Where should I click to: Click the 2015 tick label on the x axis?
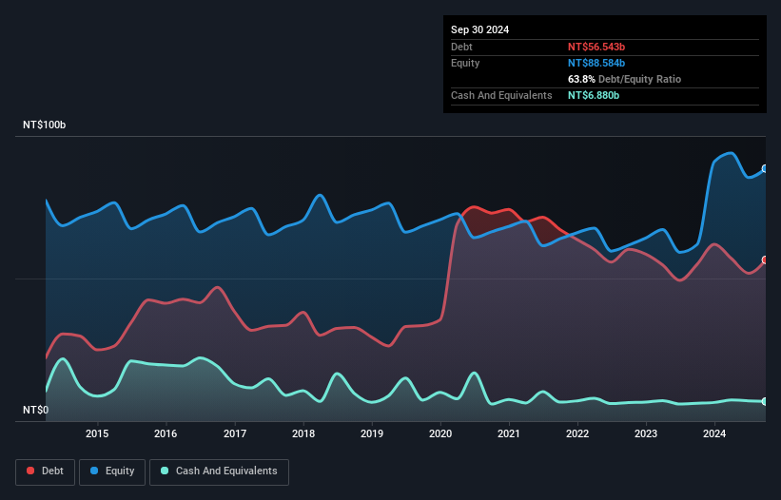(x=97, y=434)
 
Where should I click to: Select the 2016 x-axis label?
(x=166, y=434)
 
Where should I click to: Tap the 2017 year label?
(x=234, y=434)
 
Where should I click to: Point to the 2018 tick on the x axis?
(x=303, y=434)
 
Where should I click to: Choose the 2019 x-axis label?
(x=372, y=434)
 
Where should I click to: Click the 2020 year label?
(x=440, y=434)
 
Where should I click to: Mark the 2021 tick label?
(x=509, y=434)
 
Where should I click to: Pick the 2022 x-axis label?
(x=577, y=434)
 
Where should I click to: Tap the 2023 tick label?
(x=646, y=434)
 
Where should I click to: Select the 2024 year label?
(x=714, y=434)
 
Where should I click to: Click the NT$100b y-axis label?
(x=45, y=125)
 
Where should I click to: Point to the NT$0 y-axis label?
(x=37, y=411)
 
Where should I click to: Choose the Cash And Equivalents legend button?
(x=219, y=471)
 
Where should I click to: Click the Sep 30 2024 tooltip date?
(x=479, y=29)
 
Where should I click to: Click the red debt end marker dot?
(x=765, y=260)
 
